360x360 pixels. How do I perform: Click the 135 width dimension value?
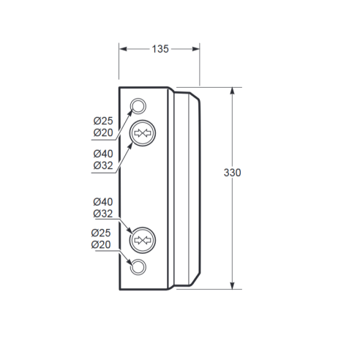pyautogui.click(x=160, y=49)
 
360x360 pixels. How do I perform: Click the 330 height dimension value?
pyautogui.click(x=232, y=173)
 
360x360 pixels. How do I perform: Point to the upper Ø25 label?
pyautogui.click(x=103, y=121)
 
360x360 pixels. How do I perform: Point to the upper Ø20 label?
pyautogui.click(x=103, y=132)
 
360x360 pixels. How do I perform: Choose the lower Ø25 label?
pyautogui.click(x=101, y=233)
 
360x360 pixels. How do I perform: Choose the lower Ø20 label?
pyautogui.click(x=101, y=244)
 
